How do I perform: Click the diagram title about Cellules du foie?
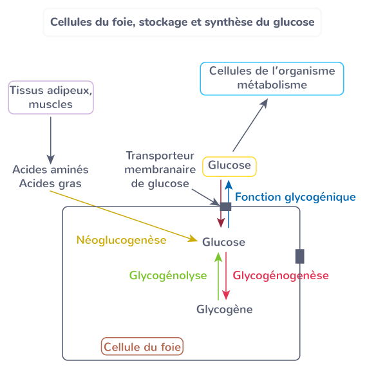click(x=182, y=23)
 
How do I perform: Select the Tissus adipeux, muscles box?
click(x=51, y=97)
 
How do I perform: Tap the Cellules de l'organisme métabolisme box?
click(x=272, y=78)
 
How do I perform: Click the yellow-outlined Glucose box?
click(x=230, y=166)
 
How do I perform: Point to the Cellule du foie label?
click(x=143, y=347)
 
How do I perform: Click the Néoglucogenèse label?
click(x=121, y=241)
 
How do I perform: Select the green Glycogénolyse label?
click(x=168, y=275)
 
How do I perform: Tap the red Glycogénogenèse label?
click(x=280, y=275)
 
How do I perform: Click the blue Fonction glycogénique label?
click(x=295, y=197)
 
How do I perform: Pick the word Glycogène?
click(x=224, y=309)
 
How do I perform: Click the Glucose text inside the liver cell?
click(x=223, y=242)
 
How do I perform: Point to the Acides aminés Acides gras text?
click(x=51, y=177)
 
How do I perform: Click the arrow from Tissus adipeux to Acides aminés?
click(x=51, y=138)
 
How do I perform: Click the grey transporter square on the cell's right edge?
click(x=299, y=256)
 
